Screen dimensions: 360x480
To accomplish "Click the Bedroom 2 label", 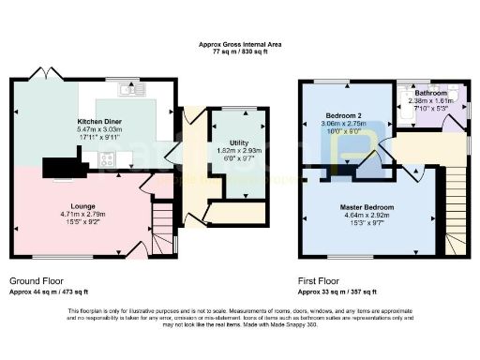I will coord(343,115).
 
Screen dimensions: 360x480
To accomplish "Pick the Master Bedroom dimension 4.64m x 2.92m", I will coord(366,215).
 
